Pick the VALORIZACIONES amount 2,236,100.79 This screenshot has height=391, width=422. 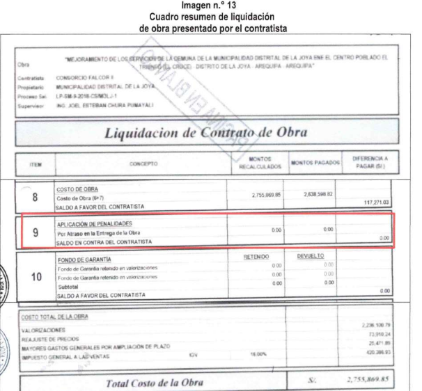click(x=377, y=326)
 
